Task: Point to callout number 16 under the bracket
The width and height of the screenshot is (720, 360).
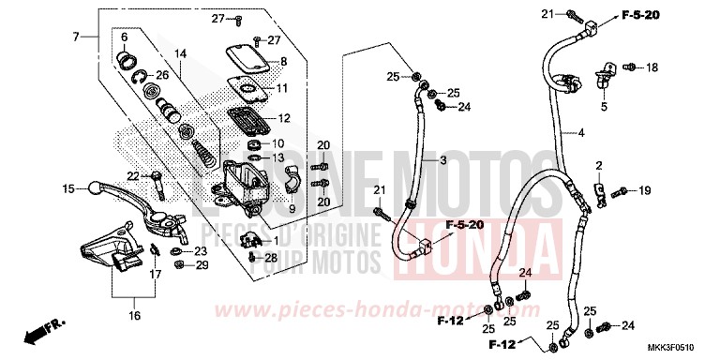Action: (x=134, y=315)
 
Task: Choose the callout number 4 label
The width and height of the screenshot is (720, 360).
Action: (x=580, y=134)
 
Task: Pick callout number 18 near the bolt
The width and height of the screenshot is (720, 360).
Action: (x=651, y=67)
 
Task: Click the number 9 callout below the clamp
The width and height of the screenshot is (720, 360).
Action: (x=265, y=209)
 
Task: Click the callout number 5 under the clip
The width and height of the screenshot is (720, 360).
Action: (x=604, y=107)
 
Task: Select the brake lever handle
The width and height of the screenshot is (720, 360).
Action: (x=103, y=187)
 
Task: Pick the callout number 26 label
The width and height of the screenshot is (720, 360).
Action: (x=162, y=75)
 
